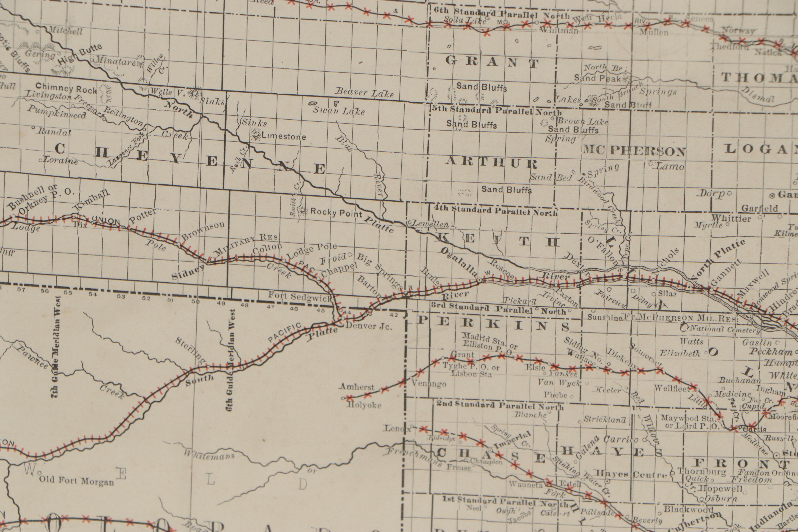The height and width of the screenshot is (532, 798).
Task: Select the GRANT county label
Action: point(492,62)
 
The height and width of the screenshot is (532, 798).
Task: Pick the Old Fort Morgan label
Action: point(76,481)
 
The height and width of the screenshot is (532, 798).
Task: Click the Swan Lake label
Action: point(339,111)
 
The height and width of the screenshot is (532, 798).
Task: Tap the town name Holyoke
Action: point(364,405)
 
